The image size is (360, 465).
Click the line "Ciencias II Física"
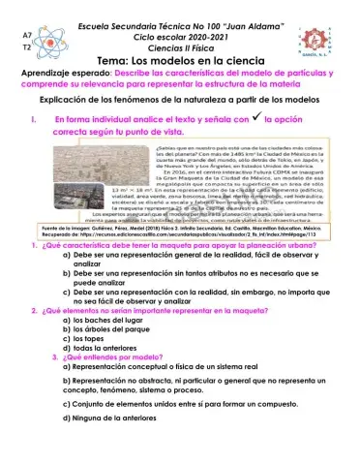coord(179,45)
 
